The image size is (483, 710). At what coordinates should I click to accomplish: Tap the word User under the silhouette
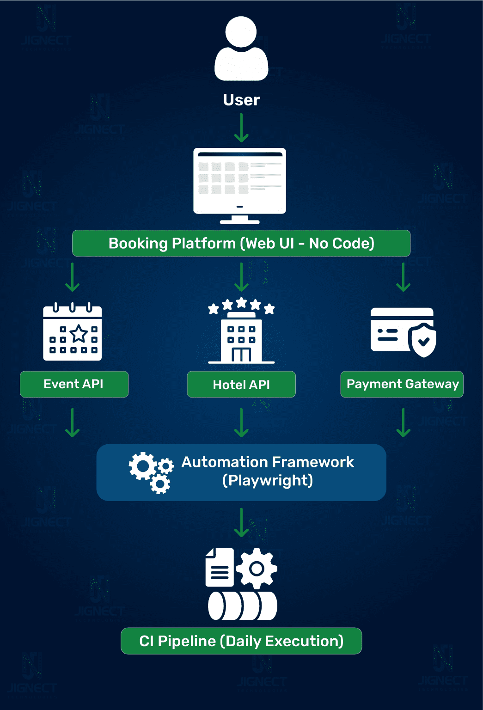coord(241,100)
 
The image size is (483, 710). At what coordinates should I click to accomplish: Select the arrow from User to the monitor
coord(241,128)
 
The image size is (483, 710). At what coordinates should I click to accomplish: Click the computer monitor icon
coord(239,185)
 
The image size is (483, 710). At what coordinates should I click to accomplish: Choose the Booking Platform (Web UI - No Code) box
coord(241,243)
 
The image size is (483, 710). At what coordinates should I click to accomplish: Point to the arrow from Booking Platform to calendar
coord(73,277)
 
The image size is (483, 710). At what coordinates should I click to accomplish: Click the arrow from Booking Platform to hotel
coord(241,277)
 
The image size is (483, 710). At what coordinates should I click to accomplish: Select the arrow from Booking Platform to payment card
coord(404,277)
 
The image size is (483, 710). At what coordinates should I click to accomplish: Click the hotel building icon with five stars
coord(241,331)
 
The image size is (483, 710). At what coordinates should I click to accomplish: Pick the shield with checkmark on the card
coord(422,340)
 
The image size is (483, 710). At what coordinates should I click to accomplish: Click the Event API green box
coord(74,384)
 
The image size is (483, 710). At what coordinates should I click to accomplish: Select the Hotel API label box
coord(241,385)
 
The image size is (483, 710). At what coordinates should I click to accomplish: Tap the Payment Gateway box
coord(402,384)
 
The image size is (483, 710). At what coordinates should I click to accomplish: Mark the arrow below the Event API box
coord(73,422)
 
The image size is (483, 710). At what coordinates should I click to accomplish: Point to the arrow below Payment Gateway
coord(404,422)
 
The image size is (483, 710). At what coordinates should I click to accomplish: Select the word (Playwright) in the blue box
coord(268,481)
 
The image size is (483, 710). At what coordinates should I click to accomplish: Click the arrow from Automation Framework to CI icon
coord(241,522)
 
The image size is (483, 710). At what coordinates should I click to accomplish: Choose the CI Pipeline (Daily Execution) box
coord(241,641)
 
